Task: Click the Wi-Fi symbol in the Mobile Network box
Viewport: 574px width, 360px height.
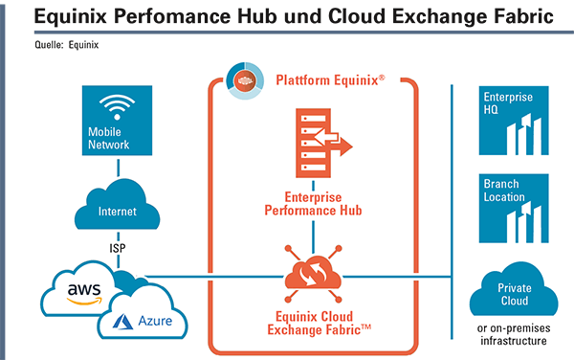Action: [117, 107]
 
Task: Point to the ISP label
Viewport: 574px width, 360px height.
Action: [118, 248]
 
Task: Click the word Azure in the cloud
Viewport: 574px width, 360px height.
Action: [155, 321]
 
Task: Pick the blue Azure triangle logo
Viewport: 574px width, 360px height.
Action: [122, 321]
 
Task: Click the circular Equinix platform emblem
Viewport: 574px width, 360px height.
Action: [245, 80]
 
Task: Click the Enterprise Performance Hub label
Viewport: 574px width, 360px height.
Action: [314, 204]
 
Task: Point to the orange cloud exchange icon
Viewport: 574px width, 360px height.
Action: [313, 274]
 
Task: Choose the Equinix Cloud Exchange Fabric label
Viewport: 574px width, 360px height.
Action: [319, 323]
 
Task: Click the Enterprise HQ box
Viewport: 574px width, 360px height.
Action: [514, 121]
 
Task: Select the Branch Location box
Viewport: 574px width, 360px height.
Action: [514, 208]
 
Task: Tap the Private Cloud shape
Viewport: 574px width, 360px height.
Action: [514, 291]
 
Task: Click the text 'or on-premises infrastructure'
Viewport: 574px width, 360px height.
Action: [514, 334]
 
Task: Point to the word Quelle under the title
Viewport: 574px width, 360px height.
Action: [49, 45]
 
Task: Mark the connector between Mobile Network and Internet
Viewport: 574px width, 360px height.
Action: [118, 168]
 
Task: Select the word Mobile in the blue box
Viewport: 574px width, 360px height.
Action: [104, 131]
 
